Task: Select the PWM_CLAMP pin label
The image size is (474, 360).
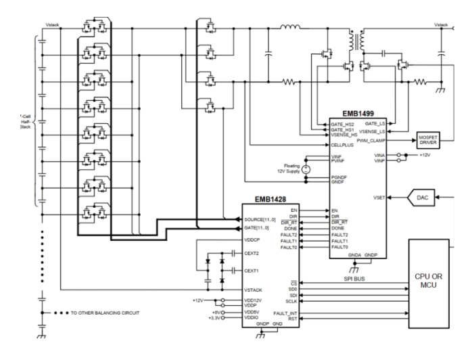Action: click(x=372, y=139)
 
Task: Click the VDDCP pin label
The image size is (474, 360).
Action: click(x=253, y=240)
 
